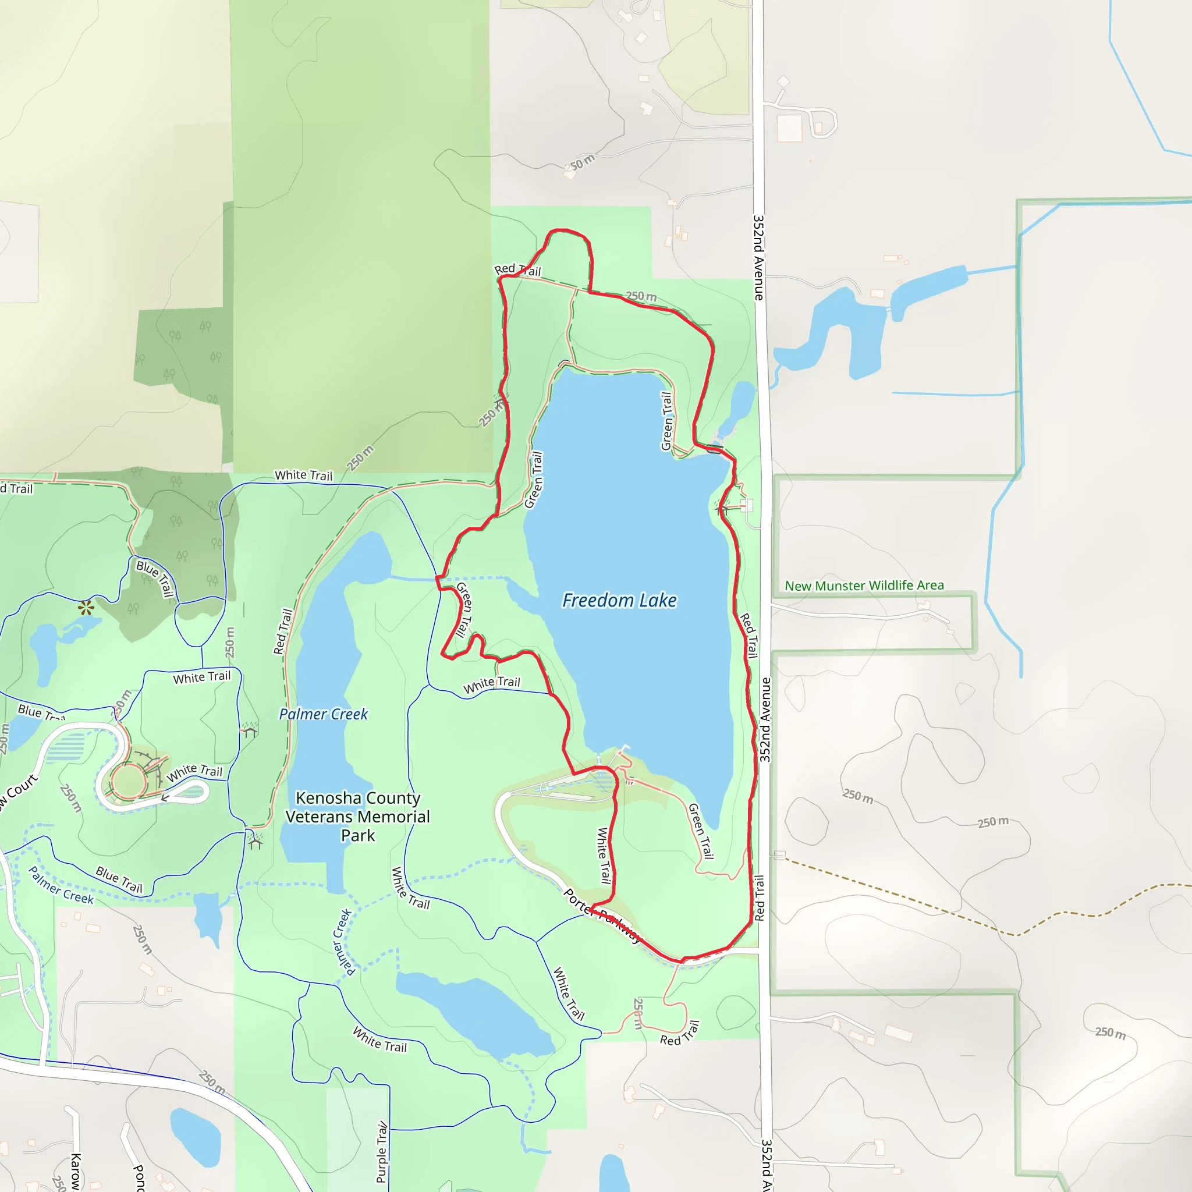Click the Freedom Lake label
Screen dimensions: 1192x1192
(x=619, y=600)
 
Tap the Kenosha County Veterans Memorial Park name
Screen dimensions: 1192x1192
(x=358, y=816)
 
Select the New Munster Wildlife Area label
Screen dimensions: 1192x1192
(x=864, y=585)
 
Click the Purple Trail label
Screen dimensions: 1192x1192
(x=382, y=1152)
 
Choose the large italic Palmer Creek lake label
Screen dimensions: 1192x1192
(x=323, y=714)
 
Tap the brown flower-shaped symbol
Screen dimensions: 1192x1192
(x=86, y=608)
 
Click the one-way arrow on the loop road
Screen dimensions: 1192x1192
(x=165, y=797)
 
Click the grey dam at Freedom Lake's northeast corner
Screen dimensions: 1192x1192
(x=715, y=449)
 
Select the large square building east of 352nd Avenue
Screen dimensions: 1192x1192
(x=789, y=128)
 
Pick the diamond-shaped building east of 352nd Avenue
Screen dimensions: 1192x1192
(x=783, y=81)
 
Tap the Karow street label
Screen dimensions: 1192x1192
(x=76, y=1170)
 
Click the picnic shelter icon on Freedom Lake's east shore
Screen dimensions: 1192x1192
(x=722, y=508)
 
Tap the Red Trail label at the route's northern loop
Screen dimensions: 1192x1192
(x=517, y=269)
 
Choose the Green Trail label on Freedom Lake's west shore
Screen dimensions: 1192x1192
(x=534, y=480)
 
